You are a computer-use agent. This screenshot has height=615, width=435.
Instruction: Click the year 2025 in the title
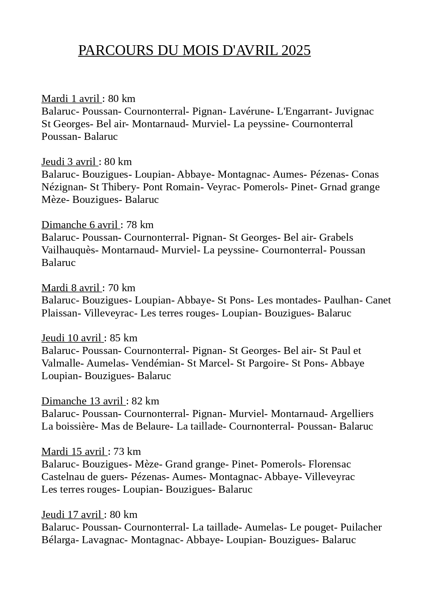[x=296, y=51]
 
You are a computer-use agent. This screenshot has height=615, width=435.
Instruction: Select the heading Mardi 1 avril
[x=71, y=99]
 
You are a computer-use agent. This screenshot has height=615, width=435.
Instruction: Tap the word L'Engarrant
[x=302, y=111]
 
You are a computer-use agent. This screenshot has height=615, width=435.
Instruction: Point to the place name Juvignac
[x=354, y=111]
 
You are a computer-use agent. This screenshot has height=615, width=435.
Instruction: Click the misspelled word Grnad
[x=332, y=187]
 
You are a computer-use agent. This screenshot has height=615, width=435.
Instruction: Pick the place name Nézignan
[x=62, y=187]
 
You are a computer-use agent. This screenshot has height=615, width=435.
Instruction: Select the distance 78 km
[x=140, y=225]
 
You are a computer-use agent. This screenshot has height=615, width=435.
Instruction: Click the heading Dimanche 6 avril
[x=80, y=225]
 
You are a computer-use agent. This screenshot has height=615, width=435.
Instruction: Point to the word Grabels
[x=336, y=238]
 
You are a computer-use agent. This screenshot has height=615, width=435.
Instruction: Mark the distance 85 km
[x=123, y=338]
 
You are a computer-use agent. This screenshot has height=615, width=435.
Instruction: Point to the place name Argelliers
[x=352, y=414]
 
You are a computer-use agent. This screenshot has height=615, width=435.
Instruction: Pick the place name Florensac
[x=329, y=464]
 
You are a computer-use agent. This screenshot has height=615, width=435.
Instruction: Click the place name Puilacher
[x=361, y=527]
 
